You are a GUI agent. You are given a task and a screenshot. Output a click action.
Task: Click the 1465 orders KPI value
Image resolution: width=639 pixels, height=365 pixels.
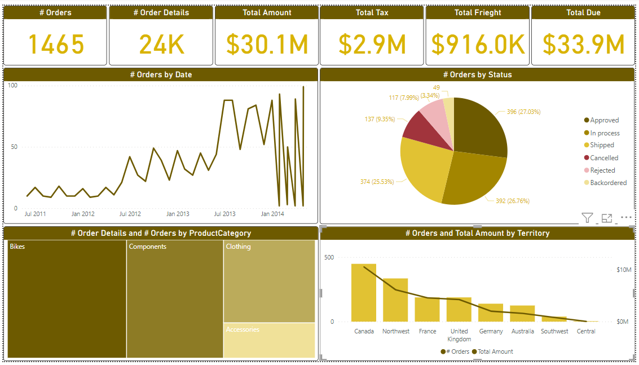pos(56,44)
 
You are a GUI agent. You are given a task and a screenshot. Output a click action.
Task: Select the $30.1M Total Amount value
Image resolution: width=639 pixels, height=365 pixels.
pos(267,44)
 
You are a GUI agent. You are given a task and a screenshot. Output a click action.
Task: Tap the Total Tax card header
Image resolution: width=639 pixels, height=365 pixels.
pos(372,12)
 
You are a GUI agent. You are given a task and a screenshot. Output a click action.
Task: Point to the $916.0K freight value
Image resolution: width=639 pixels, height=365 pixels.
pos(477,44)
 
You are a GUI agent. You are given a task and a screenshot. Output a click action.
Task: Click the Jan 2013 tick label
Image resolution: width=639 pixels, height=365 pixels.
pos(178,214)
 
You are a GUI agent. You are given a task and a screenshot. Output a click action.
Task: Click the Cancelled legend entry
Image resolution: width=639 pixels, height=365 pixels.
pos(603,158)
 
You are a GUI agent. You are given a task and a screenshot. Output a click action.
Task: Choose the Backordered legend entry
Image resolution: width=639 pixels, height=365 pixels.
pos(608,183)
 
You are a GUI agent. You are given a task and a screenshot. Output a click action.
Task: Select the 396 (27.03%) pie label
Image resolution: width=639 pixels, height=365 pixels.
pos(523,112)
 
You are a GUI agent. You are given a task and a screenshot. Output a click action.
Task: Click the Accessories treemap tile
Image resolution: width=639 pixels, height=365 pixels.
pos(269,340)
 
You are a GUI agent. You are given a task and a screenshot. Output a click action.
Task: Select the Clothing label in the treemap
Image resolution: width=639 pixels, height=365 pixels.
pos(238,247)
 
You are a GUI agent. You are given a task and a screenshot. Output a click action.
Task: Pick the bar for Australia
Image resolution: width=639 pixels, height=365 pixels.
pos(522,314)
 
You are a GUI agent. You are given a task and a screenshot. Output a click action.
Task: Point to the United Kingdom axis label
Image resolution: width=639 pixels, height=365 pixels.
pos(459,335)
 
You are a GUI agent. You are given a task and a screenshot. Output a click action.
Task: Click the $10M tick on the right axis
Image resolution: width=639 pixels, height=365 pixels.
pos(623,270)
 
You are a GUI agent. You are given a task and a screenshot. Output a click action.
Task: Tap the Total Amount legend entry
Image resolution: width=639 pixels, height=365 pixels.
pos(495,351)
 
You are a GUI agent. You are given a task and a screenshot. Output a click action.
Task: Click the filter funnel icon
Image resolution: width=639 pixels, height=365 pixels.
pos(587,218)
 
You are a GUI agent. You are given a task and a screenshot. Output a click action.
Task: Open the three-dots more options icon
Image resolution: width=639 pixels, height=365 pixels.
pos(626,218)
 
